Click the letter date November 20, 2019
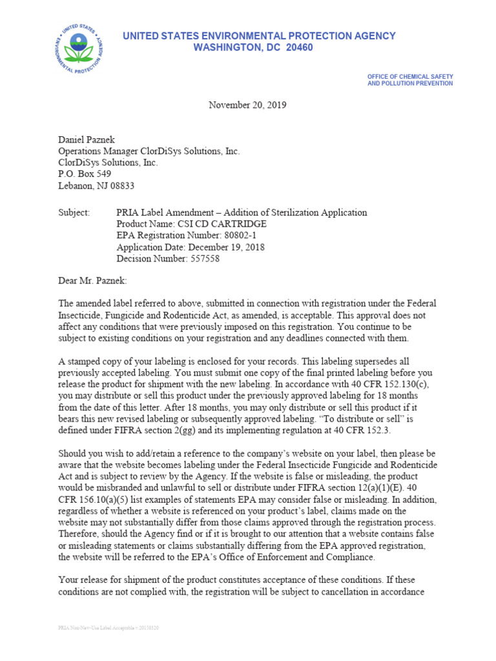(x=247, y=105)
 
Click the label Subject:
(x=76, y=212)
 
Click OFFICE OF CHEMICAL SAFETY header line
(x=409, y=76)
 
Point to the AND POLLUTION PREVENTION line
(x=409, y=83)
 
